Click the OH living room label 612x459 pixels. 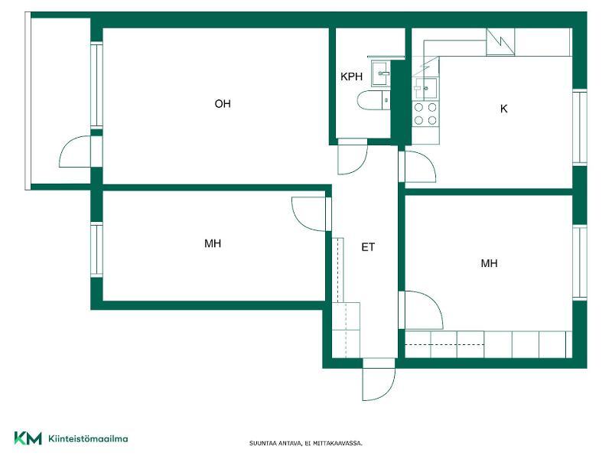tap(223, 104)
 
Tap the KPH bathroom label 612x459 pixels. tap(351, 76)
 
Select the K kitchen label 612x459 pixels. tap(503, 109)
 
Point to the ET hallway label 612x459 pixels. tap(368, 247)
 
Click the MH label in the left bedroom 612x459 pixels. tap(213, 243)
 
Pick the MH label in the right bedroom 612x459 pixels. tap(489, 263)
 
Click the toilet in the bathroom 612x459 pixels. tap(373, 100)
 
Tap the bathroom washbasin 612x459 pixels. tap(380, 73)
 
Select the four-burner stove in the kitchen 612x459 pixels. tap(425, 113)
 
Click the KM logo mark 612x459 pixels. tap(28, 438)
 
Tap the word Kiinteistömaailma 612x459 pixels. tap(88, 438)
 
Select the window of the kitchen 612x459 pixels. tap(580, 127)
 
